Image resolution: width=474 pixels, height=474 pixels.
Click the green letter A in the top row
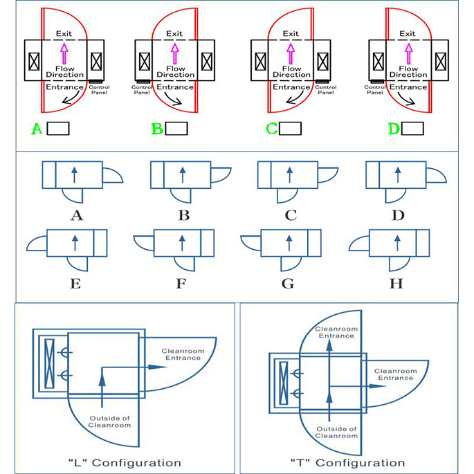click(37, 129)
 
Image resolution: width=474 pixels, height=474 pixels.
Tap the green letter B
click(156, 129)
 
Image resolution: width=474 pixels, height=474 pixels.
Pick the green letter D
click(392, 129)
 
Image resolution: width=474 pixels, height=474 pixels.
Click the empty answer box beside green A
click(58, 129)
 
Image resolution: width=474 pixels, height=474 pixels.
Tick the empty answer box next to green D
click(412, 129)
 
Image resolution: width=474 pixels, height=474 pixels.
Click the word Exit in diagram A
click(64, 33)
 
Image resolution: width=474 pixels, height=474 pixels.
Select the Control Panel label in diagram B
click(142, 90)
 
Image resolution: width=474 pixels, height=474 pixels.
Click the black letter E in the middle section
click(77, 283)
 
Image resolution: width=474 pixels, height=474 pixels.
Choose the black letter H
click(397, 283)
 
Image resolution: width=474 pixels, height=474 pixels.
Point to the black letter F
click(183, 283)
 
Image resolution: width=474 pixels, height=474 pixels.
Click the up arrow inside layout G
click(289, 244)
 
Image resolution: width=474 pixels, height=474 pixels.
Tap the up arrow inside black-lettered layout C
click(289, 174)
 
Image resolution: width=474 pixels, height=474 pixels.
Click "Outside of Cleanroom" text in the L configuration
click(110, 421)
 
